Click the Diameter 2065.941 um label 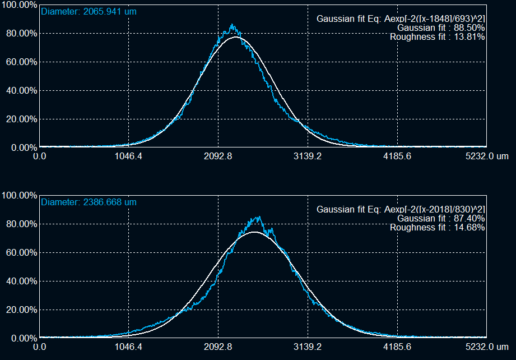click(x=89, y=11)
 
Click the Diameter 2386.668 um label click(x=89, y=202)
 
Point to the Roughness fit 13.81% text click(x=438, y=36)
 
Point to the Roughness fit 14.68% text click(x=438, y=227)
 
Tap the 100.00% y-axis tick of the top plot click(x=18, y=4)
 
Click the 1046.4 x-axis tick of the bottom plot click(x=129, y=347)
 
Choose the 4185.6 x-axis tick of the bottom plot click(x=398, y=347)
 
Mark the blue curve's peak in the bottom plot click(x=258, y=217)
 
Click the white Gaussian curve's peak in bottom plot click(x=254, y=232)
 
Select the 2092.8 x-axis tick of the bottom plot click(x=219, y=347)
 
